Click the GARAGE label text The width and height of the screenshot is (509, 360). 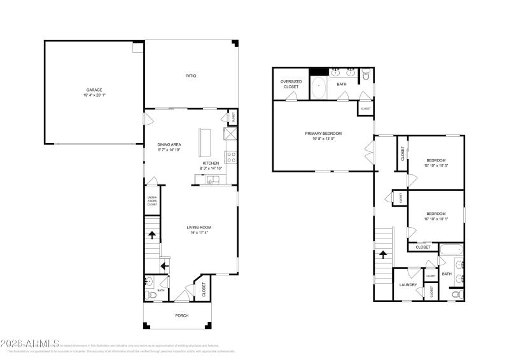[x=94, y=90]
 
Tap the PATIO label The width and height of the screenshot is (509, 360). [x=191, y=76]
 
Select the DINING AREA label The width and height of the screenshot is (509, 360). [x=169, y=144]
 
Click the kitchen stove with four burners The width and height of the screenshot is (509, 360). [x=231, y=155]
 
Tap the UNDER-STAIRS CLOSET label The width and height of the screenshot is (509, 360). [x=152, y=201]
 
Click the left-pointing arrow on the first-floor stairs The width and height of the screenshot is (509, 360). [x=164, y=265]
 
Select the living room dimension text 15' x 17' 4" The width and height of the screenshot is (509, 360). [x=198, y=233]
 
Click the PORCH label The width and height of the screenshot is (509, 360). [x=182, y=315]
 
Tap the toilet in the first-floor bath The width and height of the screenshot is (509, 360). [x=150, y=294]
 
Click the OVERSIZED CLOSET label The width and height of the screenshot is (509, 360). [x=290, y=85]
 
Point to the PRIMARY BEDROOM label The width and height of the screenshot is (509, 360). [x=323, y=134]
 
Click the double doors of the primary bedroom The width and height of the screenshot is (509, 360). [x=368, y=153]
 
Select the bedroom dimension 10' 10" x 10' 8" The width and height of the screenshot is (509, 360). [x=436, y=166]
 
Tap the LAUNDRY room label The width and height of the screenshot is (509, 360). [x=408, y=285]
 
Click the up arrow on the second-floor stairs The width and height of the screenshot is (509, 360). [x=384, y=254]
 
